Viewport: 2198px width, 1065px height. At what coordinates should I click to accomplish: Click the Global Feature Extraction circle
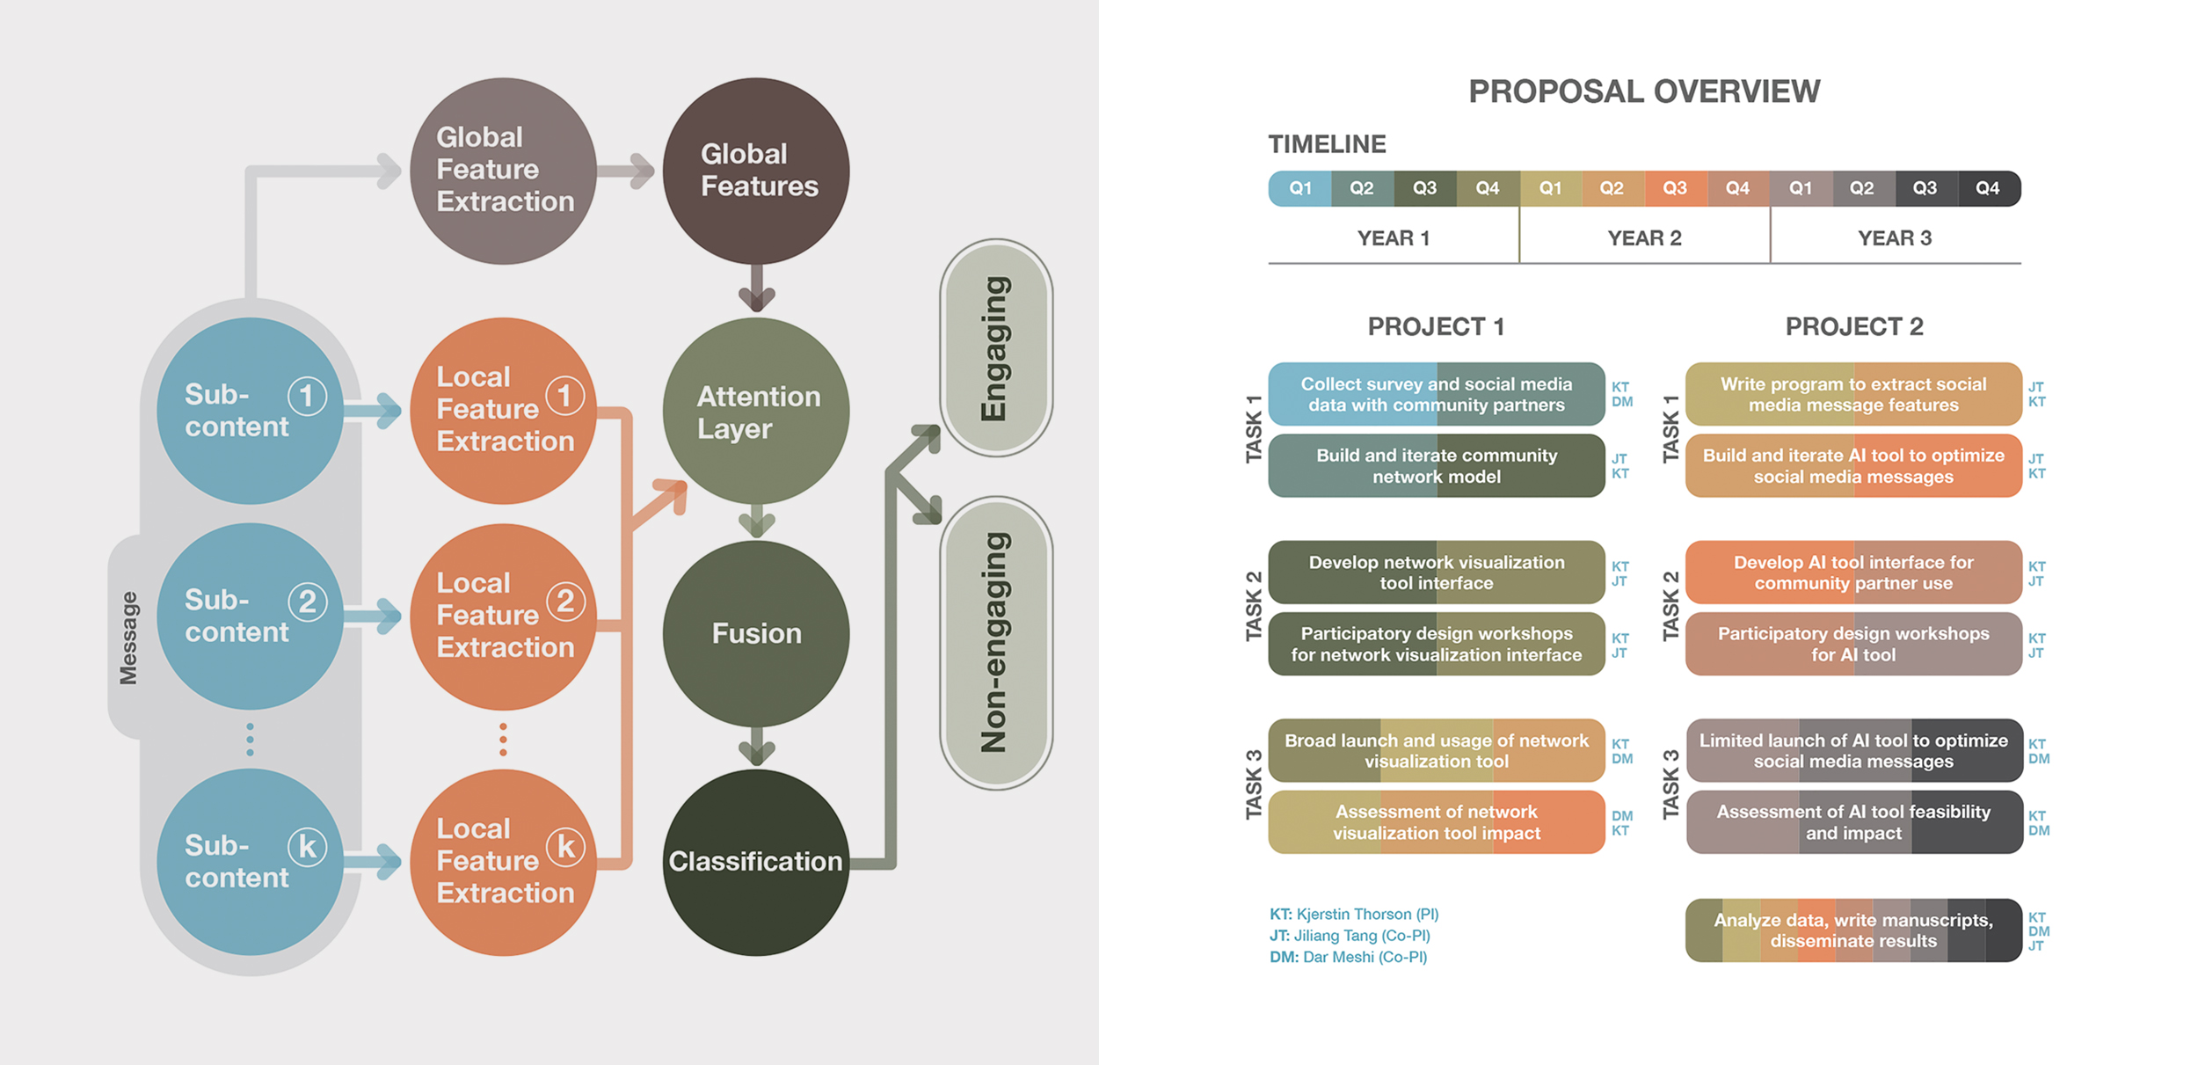point(503,171)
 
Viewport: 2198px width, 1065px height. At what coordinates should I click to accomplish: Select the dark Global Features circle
point(756,171)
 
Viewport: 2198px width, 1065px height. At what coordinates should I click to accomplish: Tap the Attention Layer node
point(756,411)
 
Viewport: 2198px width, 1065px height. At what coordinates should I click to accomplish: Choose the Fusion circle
point(756,633)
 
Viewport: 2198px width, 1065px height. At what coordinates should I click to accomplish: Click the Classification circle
point(756,862)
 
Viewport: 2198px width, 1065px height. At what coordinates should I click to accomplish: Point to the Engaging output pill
point(996,347)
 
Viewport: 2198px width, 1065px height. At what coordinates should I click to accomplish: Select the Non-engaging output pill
point(996,643)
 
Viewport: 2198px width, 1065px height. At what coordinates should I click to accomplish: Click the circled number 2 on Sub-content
point(308,602)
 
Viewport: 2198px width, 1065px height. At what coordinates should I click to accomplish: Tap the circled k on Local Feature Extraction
point(565,847)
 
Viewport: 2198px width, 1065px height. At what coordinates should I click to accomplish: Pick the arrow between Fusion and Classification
point(756,748)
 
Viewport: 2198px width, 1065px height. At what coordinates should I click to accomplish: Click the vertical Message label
point(128,638)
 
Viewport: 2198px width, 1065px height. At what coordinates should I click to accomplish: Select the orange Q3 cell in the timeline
point(1675,188)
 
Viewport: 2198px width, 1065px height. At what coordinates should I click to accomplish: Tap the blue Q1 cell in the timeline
point(1299,188)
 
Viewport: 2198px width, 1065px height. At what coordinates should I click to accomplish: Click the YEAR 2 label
point(1644,238)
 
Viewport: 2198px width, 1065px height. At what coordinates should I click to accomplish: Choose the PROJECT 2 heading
point(1853,327)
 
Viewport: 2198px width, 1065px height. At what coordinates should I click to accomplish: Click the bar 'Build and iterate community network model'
point(1436,466)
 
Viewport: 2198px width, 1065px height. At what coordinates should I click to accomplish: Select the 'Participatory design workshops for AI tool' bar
point(1853,644)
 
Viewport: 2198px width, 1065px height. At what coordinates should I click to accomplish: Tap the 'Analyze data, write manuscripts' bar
point(1853,930)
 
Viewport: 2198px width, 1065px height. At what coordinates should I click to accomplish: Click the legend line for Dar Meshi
point(1348,957)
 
